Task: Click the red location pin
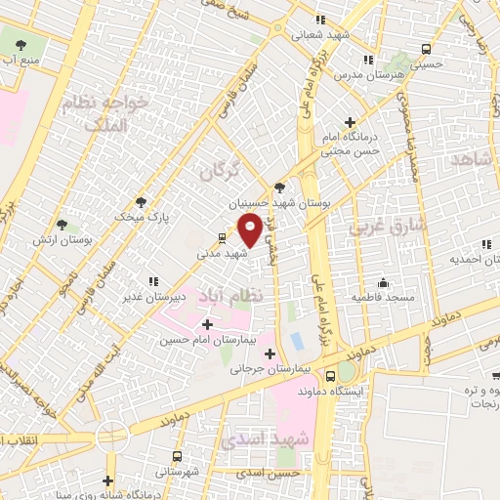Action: click(250, 229)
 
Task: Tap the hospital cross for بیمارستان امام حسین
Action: click(206, 324)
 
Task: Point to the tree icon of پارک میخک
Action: click(141, 201)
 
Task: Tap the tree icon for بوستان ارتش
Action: click(62, 225)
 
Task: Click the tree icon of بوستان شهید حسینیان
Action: click(281, 187)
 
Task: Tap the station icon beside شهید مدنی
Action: click(222, 237)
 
